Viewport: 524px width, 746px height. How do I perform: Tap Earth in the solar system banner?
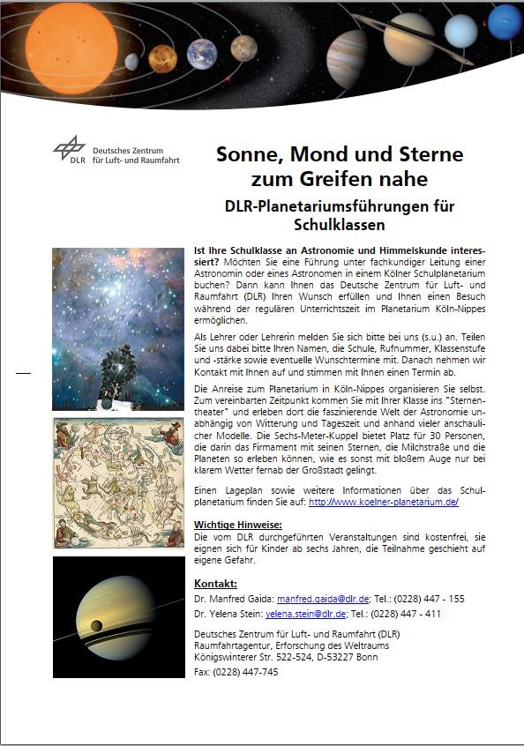pos(202,54)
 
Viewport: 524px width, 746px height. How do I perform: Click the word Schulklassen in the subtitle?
pos(340,225)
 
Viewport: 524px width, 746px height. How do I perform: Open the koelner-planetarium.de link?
pos(383,502)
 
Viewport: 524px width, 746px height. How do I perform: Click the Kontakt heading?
pos(216,584)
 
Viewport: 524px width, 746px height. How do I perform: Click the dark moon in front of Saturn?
pos(96,626)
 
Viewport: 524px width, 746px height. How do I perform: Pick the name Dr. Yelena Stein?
pos(227,615)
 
